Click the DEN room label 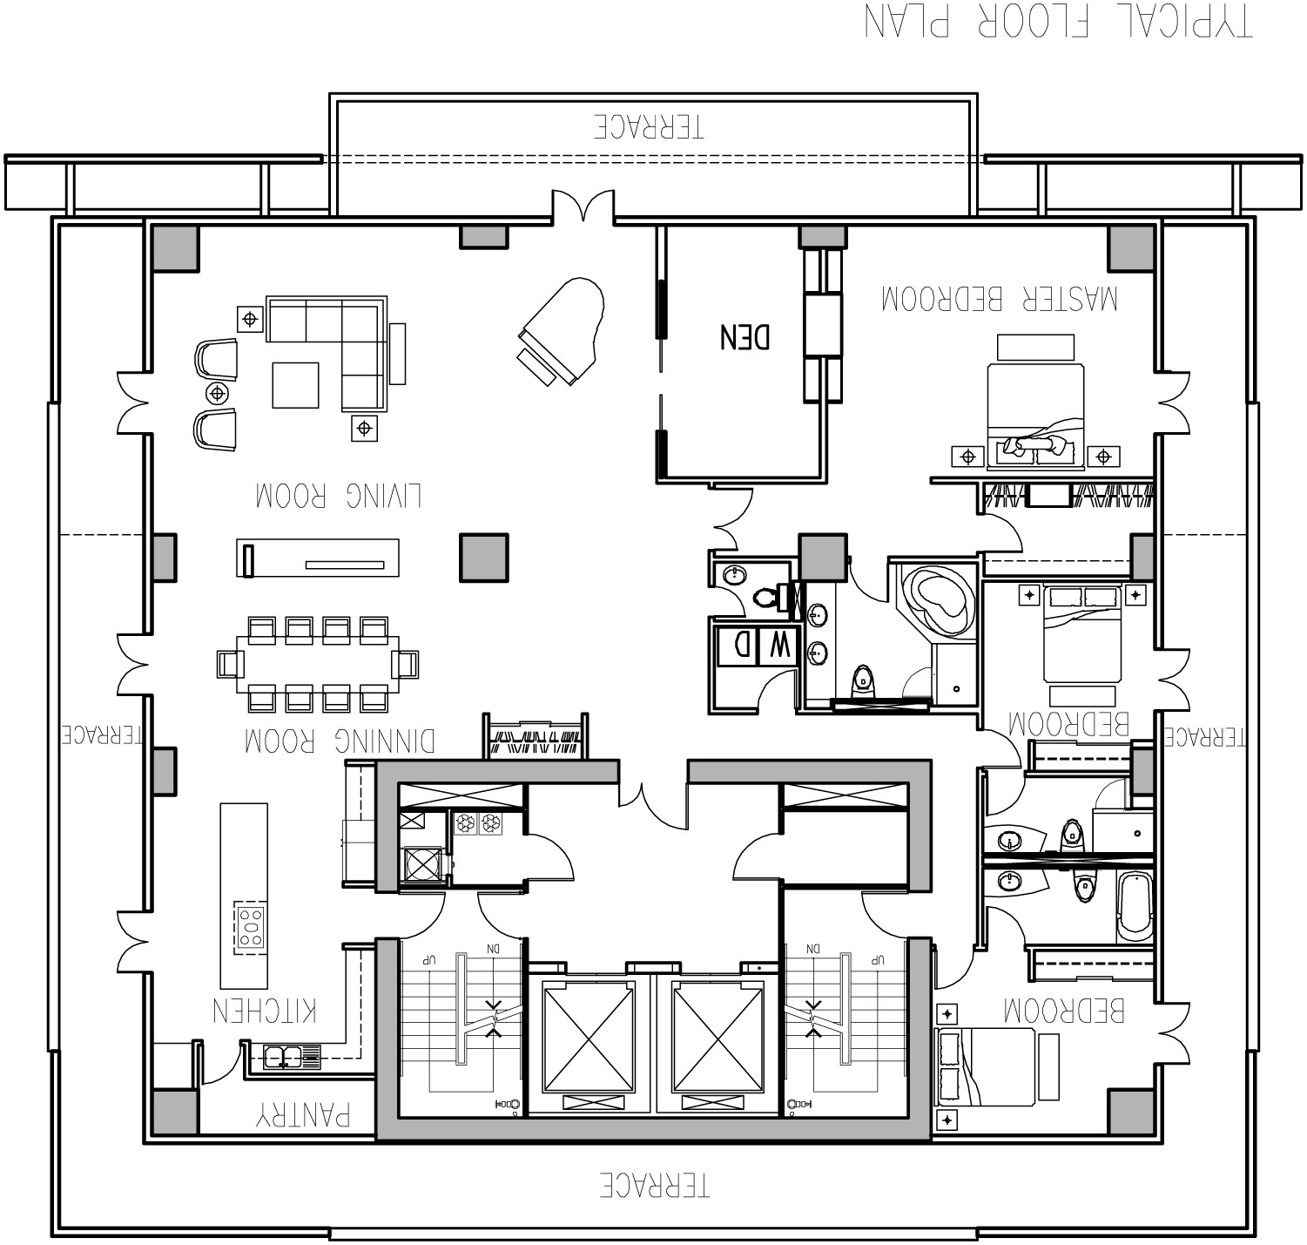744,336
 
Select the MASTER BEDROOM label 999,300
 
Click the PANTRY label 304,1115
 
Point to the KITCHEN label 265,1010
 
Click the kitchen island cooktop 252,927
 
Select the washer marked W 778,646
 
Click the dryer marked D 739,646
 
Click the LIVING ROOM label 339,495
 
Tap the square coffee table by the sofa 295,385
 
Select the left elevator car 588,1036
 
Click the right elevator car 718,1036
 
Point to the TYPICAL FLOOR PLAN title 1058,21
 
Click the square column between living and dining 483,558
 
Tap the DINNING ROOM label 339,741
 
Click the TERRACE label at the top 649,127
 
